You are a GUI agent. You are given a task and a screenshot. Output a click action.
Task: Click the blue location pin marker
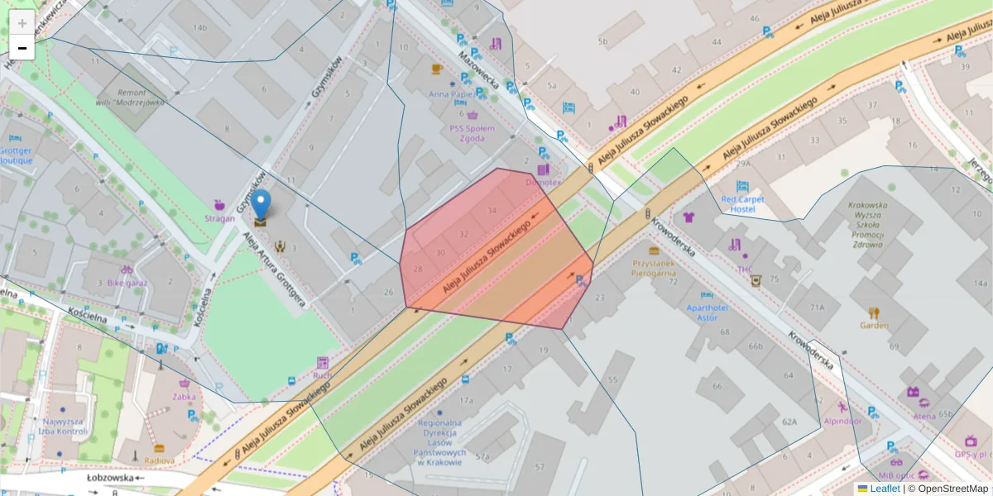261,205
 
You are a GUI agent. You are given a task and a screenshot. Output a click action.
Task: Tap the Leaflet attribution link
884,489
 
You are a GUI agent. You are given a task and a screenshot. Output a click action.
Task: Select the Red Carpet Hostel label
743,204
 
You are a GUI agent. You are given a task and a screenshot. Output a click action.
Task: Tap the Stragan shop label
219,218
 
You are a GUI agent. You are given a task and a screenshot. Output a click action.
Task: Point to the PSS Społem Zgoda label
473,133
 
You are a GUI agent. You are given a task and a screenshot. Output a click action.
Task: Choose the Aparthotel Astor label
706,312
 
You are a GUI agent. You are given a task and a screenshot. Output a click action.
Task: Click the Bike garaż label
127,282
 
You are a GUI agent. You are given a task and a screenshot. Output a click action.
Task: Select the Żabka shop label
185,396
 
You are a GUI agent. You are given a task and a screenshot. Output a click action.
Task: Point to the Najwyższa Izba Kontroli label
64,426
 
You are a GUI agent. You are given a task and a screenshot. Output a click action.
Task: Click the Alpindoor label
842,420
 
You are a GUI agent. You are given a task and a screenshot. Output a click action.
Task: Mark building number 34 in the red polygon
492,211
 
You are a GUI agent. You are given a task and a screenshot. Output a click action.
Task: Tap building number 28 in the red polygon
418,269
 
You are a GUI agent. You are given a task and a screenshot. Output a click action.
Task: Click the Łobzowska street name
110,477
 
